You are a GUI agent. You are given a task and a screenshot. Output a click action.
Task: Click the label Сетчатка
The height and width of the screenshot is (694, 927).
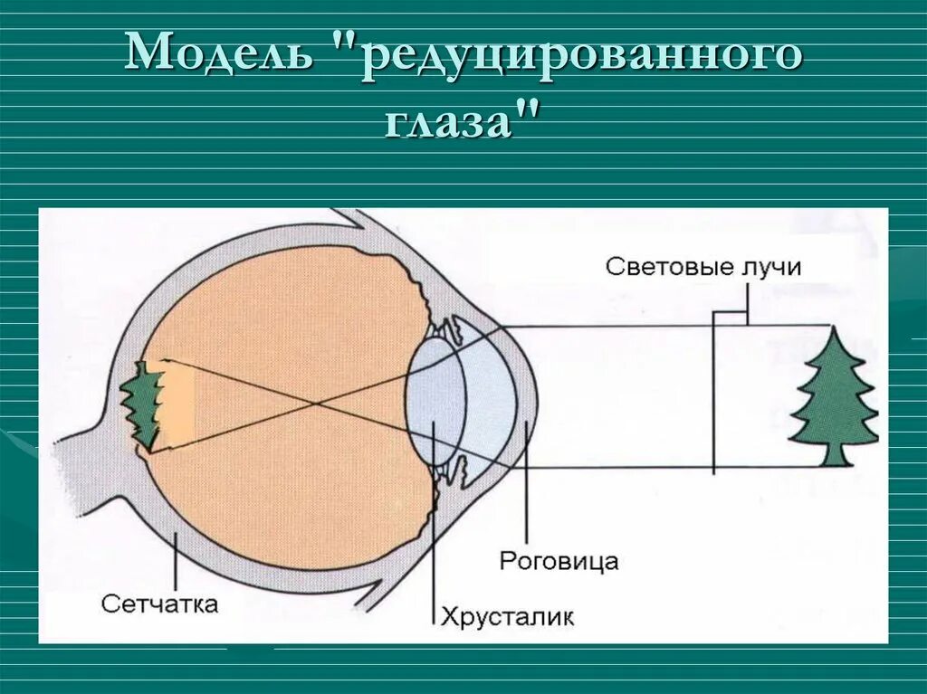point(159,604)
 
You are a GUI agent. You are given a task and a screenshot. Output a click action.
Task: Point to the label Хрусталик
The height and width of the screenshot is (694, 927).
point(508,617)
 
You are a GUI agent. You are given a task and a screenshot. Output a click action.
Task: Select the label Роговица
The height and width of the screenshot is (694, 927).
point(559,561)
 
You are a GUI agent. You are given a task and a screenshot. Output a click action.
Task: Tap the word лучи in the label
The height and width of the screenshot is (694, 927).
point(769,268)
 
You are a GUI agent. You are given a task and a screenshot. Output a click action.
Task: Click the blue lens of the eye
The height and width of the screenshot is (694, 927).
point(434,399)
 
